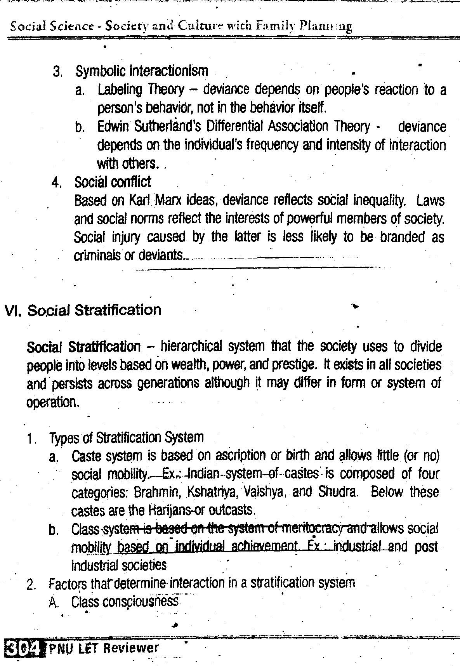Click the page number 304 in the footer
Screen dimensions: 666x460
(x=23, y=648)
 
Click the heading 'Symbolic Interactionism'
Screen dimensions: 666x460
(x=142, y=71)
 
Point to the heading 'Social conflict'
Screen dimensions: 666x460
(x=113, y=182)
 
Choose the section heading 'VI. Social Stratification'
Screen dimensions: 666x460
(x=83, y=310)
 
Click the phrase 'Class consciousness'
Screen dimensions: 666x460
(x=125, y=602)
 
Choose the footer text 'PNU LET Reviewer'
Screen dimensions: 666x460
(x=104, y=648)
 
